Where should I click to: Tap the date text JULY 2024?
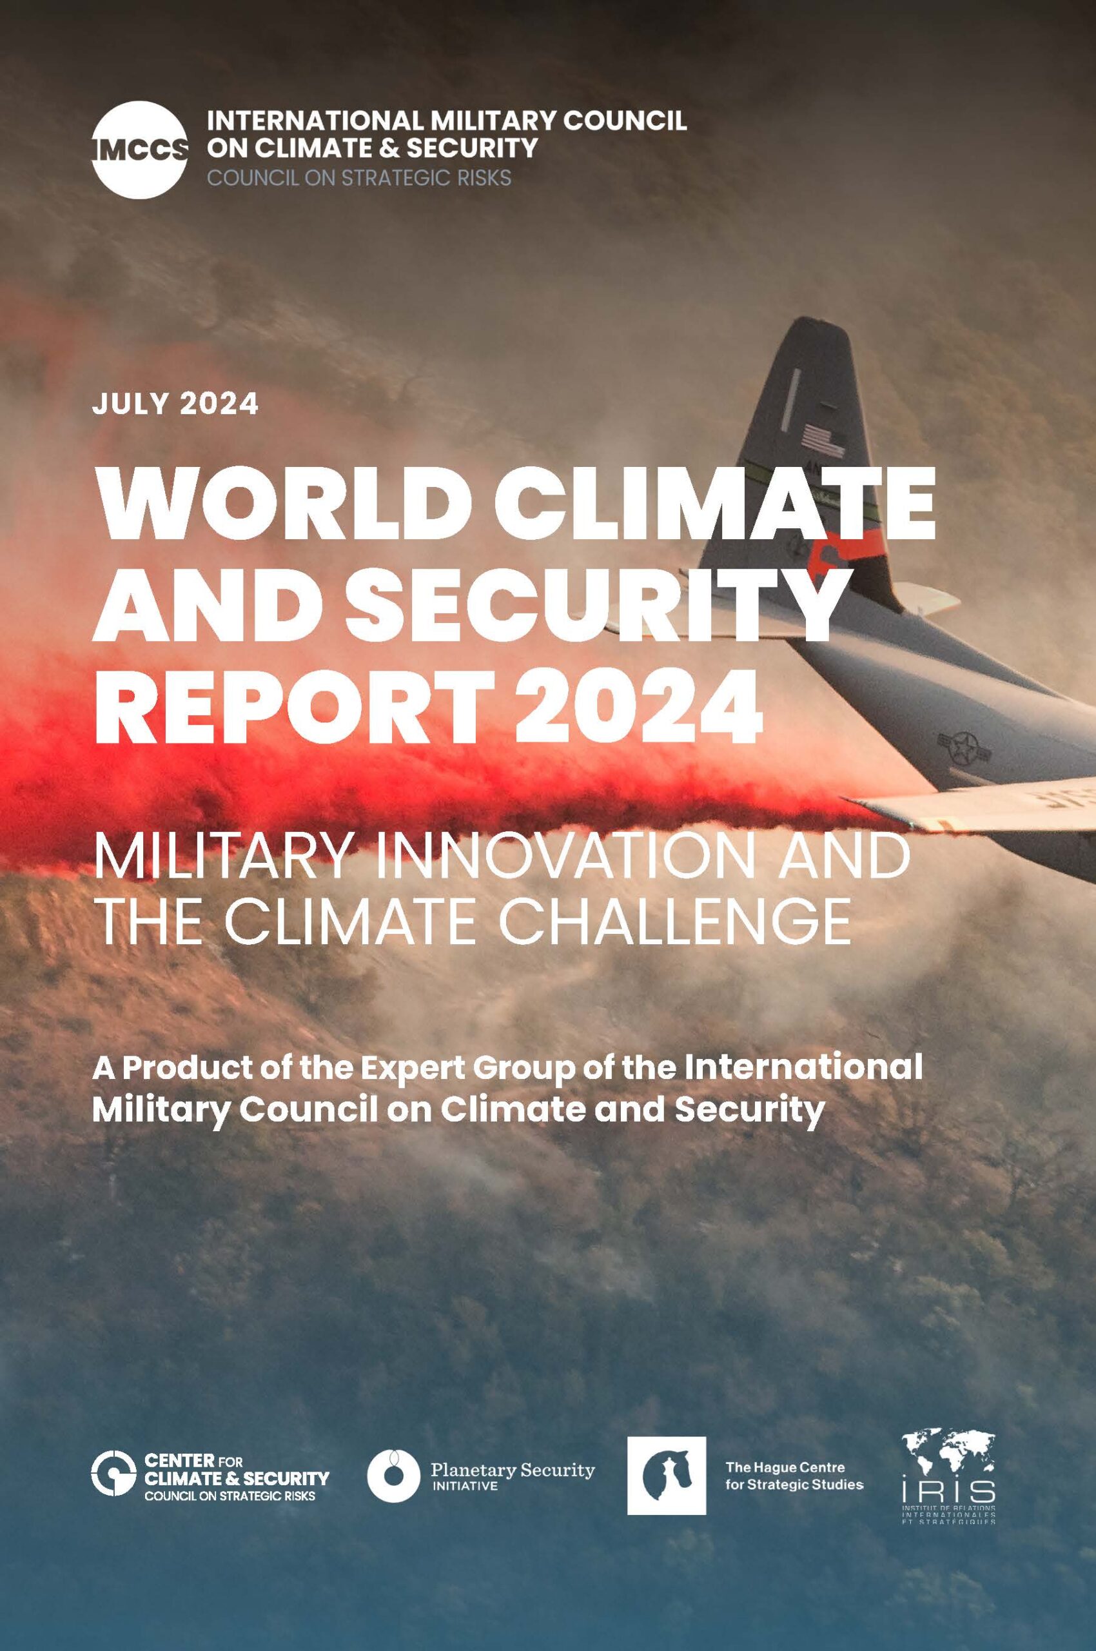175,405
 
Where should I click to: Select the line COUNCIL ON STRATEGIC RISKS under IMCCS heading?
358,177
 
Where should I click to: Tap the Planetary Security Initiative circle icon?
393,1476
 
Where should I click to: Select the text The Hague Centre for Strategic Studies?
794,1476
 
